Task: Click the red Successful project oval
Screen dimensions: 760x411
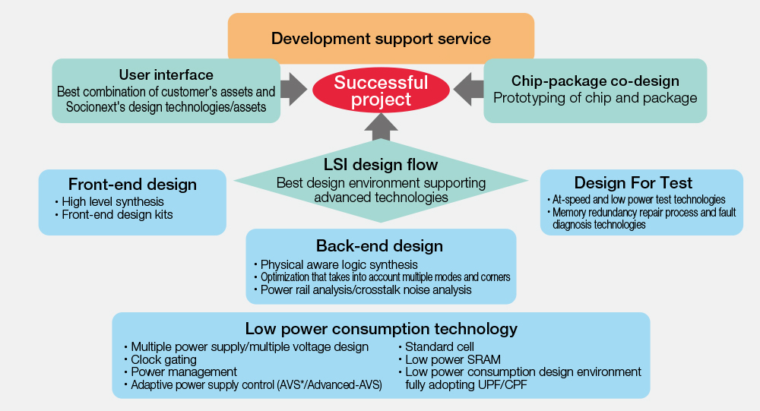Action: [x=381, y=90]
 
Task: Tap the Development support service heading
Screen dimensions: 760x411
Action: [x=381, y=38]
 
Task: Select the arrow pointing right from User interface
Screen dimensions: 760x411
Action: [x=293, y=89]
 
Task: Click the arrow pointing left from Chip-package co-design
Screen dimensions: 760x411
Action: [x=469, y=89]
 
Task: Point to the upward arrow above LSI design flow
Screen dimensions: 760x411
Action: [x=381, y=127]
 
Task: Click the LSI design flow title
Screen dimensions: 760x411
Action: [x=381, y=165]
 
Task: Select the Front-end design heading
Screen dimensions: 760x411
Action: [x=132, y=184]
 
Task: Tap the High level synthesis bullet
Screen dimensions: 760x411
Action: [x=109, y=201]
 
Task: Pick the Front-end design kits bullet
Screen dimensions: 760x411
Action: [x=114, y=215]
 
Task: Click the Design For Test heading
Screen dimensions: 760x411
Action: [x=634, y=183]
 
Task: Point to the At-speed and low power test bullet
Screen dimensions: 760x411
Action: [x=636, y=200]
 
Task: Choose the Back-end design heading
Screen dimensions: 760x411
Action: [x=379, y=245]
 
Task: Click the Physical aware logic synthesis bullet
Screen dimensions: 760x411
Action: [x=336, y=264]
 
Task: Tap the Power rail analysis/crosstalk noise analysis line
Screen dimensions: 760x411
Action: [x=363, y=290]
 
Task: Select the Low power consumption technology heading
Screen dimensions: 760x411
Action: [x=381, y=329]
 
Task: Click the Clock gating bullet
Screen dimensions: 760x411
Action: [x=160, y=359]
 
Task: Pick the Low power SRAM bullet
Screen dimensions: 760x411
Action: [x=449, y=359]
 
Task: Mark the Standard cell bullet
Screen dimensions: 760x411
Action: [x=436, y=347]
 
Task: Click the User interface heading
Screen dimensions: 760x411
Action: [x=166, y=74]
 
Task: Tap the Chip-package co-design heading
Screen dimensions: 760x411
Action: [x=595, y=81]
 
